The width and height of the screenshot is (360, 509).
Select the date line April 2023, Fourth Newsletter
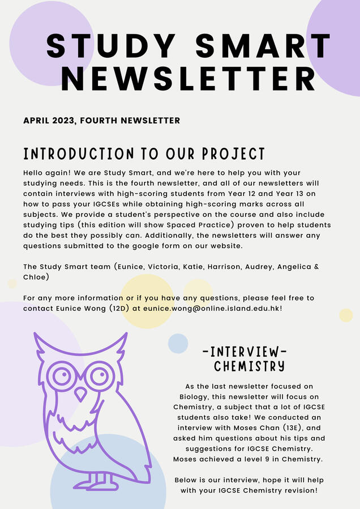point(102,121)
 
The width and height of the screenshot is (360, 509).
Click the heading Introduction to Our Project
point(144,154)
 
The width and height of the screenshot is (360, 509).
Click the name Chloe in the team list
point(36,277)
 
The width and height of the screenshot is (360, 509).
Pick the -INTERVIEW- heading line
point(245,352)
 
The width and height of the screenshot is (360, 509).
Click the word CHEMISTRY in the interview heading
point(249,366)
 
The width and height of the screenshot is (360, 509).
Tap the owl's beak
point(82,393)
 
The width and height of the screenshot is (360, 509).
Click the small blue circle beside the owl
point(178,344)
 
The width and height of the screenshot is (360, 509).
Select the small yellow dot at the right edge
point(346,315)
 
